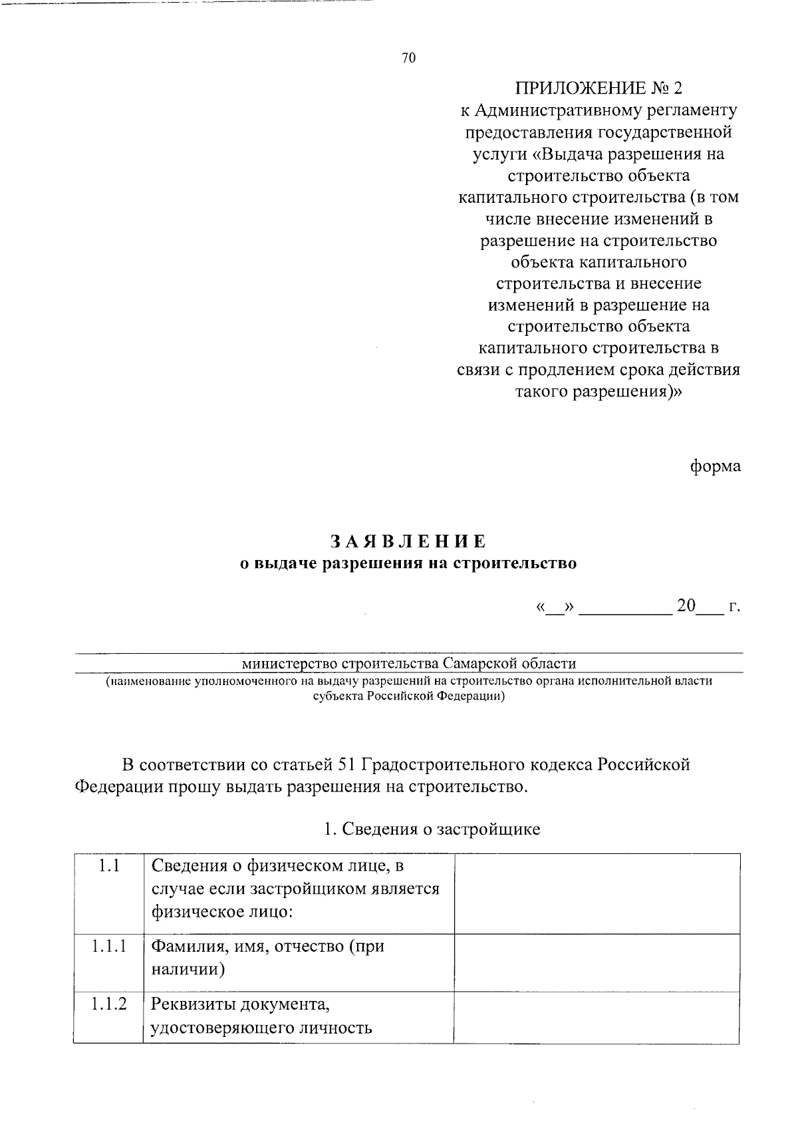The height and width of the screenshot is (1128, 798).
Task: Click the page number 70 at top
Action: pyautogui.click(x=408, y=59)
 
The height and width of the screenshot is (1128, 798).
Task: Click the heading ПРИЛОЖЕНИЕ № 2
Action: pyautogui.click(x=598, y=88)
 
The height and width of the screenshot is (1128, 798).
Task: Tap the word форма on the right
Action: pyautogui.click(x=714, y=466)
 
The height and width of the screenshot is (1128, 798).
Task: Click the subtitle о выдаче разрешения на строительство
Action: pyautogui.click(x=408, y=563)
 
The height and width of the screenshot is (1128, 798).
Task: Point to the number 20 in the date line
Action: pyautogui.click(x=686, y=606)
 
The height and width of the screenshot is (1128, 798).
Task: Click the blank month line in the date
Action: pyautogui.click(x=625, y=608)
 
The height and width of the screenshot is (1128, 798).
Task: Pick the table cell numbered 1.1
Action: pyautogui.click(x=108, y=866)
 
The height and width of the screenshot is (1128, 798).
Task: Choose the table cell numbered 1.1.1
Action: pyautogui.click(x=108, y=946)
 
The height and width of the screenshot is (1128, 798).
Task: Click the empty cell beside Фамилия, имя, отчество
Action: pyautogui.click(x=597, y=962)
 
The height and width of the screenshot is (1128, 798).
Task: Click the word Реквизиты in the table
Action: pyautogui.click(x=194, y=1003)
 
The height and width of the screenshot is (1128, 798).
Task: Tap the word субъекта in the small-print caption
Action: pyautogui.click(x=338, y=696)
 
